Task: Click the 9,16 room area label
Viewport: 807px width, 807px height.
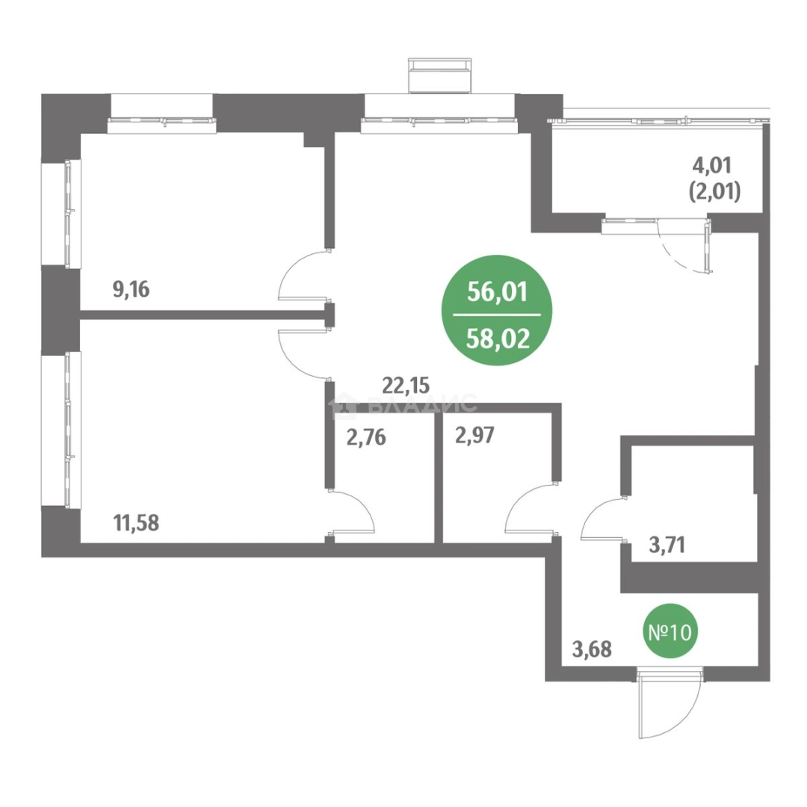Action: click(131, 289)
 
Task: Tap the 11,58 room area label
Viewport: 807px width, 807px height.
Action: click(137, 523)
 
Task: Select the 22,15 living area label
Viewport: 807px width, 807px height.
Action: click(406, 385)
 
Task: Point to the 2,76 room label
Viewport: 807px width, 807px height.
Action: click(366, 439)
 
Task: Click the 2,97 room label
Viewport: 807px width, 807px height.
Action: click(474, 436)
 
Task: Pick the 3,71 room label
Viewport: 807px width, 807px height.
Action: click(667, 545)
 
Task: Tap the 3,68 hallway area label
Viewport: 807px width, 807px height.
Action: click(592, 649)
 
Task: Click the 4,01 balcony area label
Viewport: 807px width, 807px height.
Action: click(712, 166)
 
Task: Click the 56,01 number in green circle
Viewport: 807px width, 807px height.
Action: click(497, 293)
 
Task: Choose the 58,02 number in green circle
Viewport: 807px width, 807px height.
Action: click(497, 339)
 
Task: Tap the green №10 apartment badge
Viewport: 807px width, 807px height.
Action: click(669, 632)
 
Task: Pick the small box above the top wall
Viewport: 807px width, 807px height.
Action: click(439, 75)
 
